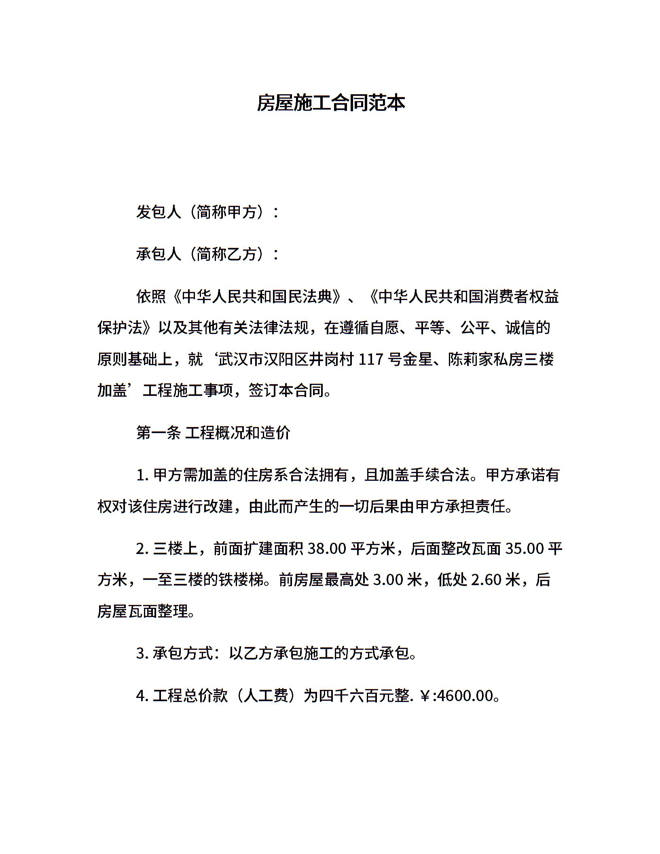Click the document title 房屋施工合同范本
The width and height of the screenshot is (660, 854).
point(330,104)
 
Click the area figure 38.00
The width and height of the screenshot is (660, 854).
point(327,549)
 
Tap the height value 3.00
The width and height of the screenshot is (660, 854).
point(387,580)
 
